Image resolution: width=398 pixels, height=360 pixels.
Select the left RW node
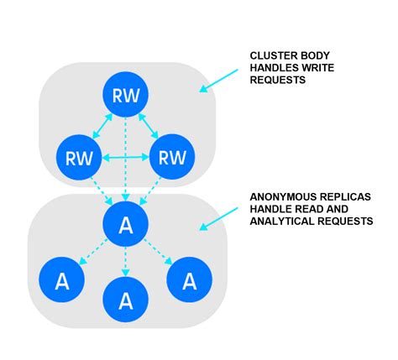tap(79, 156)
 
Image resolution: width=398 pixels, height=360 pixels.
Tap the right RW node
tap(172, 156)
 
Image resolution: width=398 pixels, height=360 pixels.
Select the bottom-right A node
tap(190, 280)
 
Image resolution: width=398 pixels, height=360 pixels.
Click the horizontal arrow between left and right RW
tap(126, 156)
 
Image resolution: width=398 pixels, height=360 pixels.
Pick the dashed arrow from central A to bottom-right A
tap(158, 252)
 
